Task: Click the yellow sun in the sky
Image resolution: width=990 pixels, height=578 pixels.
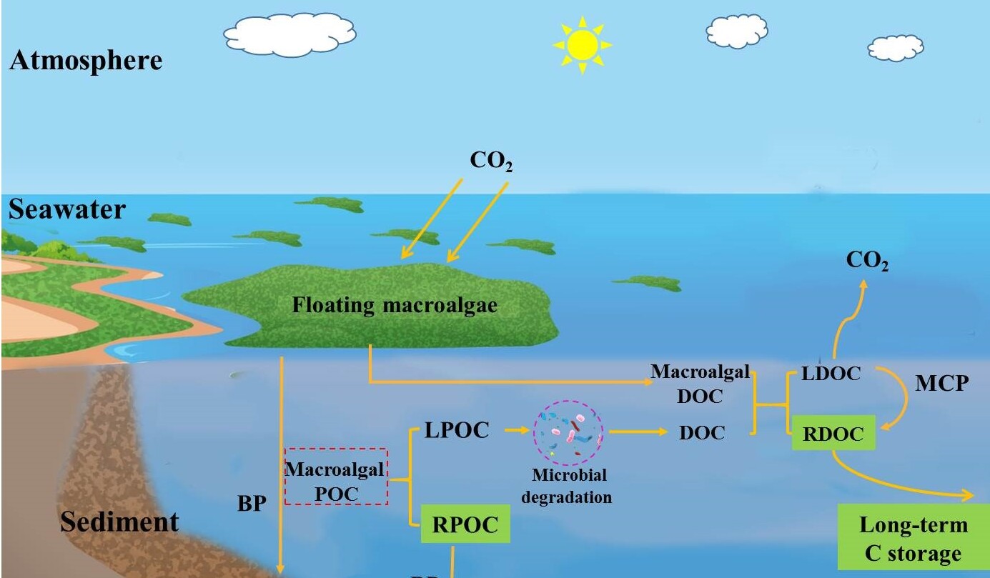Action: tap(583, 44)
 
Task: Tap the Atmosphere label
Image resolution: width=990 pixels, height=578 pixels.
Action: tap(86, 61)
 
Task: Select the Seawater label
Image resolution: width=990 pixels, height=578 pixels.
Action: tap(67, 210)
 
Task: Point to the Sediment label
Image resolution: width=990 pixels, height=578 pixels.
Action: tap(119, 522)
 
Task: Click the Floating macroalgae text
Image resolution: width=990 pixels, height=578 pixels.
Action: tap(395, 306)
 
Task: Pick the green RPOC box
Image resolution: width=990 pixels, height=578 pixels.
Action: tap(465, 525)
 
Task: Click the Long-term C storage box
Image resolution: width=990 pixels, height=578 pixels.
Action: tap(913, 539)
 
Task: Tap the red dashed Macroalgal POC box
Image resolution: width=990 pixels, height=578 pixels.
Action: tap(336, 477)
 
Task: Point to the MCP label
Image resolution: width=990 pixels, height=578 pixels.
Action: tap(942, 384)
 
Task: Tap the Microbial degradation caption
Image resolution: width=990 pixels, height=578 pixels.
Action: tap(567, 486)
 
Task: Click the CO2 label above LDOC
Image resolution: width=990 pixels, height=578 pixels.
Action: tap(867, 261)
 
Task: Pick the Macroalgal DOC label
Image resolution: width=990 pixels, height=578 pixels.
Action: tap(700, 384)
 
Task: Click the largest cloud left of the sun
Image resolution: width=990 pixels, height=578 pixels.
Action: tap(290, 31)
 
